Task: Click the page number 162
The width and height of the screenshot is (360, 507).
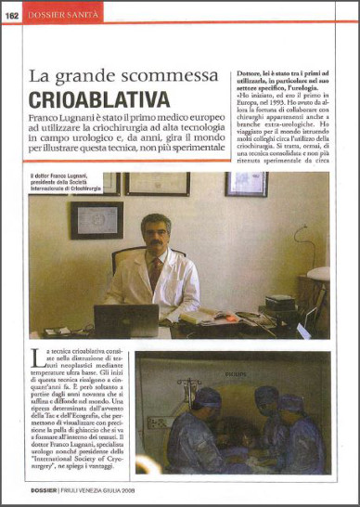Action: coord(14,13)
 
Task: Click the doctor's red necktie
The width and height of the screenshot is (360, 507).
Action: coord(155,272)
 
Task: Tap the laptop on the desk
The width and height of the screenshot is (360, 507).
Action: coord(127,321)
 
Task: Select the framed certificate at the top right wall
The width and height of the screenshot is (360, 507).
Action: coord(246,184)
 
